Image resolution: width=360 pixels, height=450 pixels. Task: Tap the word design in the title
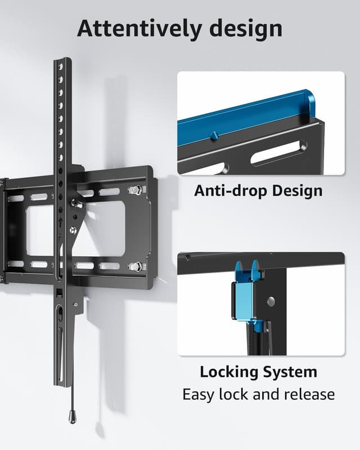246,29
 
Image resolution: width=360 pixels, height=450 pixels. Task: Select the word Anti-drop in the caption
231,190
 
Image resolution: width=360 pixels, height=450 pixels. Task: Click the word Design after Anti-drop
298,191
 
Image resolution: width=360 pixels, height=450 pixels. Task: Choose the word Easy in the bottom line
198,394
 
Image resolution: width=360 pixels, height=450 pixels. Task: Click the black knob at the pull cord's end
73,416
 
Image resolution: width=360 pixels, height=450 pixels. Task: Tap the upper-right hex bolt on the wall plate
135,190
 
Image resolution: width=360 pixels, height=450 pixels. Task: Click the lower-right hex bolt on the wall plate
135,267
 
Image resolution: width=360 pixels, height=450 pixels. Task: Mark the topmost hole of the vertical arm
61,66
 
